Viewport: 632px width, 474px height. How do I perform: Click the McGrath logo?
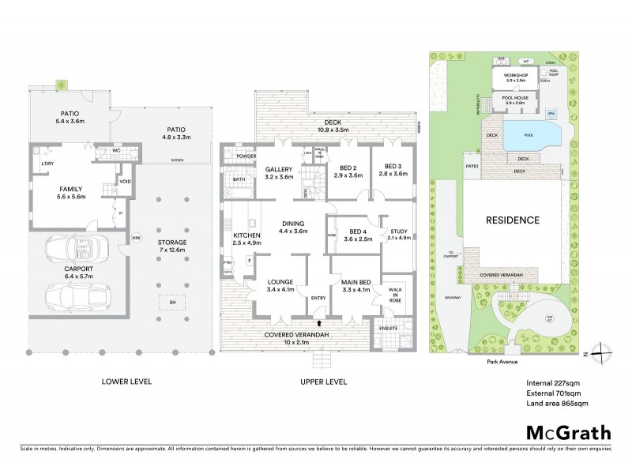point(569,432)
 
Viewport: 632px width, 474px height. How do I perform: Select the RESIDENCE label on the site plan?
point(512,220)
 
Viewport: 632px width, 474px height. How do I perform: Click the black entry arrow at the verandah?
point(319,322)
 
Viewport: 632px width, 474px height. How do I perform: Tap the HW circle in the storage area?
point(137,237)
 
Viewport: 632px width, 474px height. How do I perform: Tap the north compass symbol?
point(601,349)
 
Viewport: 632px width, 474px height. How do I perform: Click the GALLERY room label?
point(279,170)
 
